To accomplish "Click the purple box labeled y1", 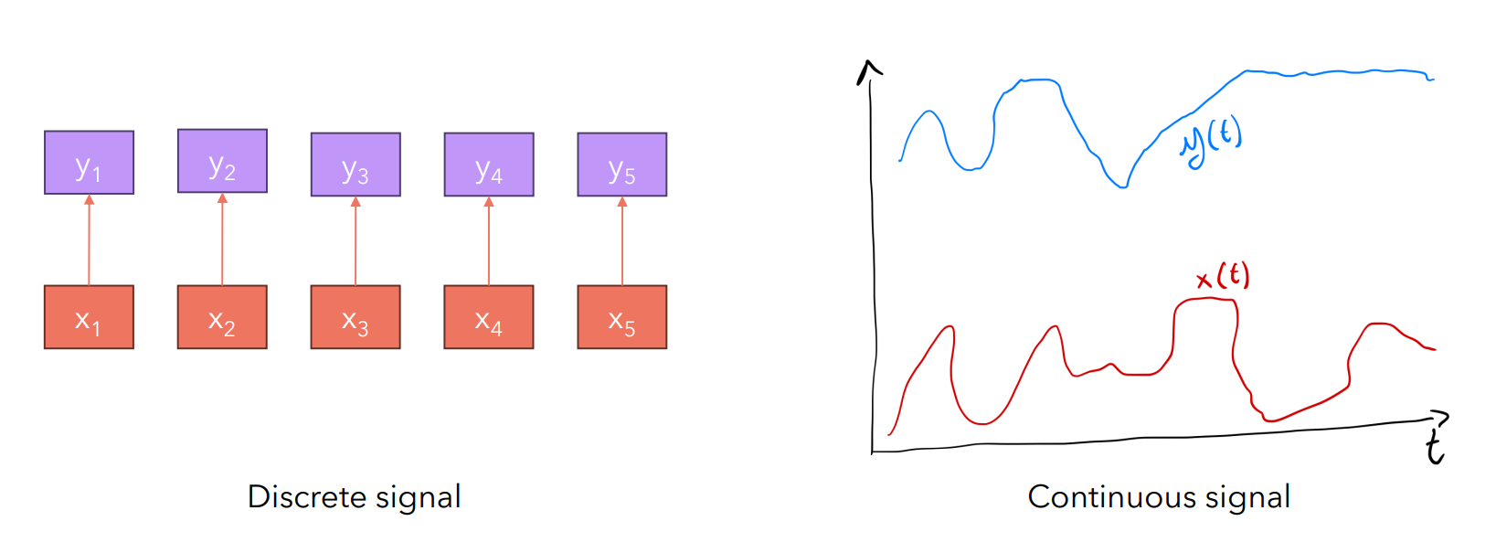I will (x=89, y=163).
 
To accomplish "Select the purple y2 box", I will (x=222, y=161).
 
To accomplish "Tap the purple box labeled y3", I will (x=355, y=165).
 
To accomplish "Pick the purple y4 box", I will (x=489, y=165).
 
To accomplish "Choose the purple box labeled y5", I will (x=622, y=165).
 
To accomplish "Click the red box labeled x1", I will (x=89, y=317).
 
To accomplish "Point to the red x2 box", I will (x=222, y=317).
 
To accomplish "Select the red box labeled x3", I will (x=355, y=317).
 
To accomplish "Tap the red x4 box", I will (x=489, y=317).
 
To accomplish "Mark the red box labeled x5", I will (x=622, y=317).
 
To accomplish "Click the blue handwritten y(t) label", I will (x=1212, y=142).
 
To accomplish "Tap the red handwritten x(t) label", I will (x=1223, y=276).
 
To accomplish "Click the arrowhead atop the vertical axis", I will (x=869, y=70).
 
